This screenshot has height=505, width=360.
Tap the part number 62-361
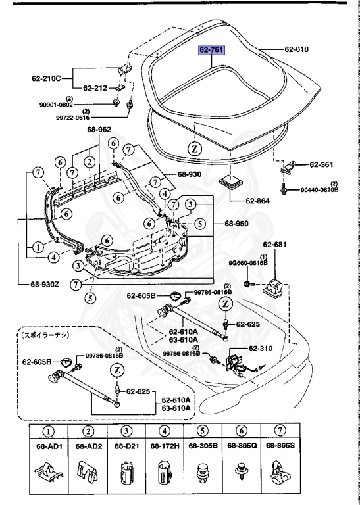tap(322, 164)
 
